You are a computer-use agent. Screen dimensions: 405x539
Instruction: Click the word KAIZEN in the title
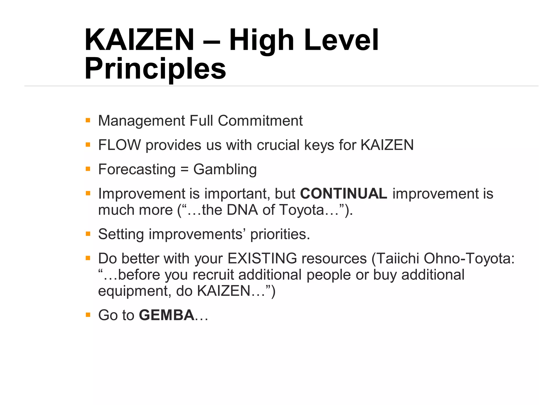[x=139, y=40]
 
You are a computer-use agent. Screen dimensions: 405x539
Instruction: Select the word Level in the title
[x=341, y=40]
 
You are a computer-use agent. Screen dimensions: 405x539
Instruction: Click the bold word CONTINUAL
[x=343, y=194]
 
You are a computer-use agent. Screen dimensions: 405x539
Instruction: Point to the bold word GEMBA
[x=167, y=315]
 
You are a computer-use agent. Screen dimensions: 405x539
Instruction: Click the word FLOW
[x=119, y=145]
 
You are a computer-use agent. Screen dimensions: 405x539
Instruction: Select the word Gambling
[x=225, y=170]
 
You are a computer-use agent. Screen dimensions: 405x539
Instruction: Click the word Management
[x=142, y=121]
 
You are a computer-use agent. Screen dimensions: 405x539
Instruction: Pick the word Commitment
[x=260, y=121]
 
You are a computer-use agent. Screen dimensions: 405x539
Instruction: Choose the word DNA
[x=242, y=210]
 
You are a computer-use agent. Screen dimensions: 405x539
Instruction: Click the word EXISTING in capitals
[x=262, y=258]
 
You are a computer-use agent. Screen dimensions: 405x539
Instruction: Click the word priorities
[x=280, y=234]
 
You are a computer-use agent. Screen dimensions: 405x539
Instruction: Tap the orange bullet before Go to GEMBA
[x=88, y=315]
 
